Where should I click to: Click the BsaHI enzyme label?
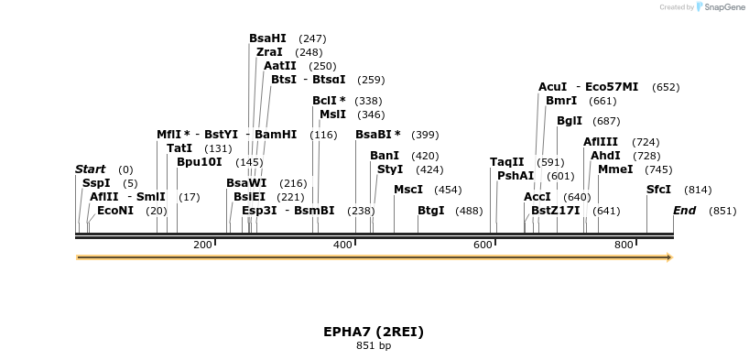click(x=267, y=38)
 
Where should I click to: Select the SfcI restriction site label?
click(x=658, y=190)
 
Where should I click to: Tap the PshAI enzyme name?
click(x=516, y=176)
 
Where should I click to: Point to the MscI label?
click(x=408, y=190)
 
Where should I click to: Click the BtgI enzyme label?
click(x=430, y=211)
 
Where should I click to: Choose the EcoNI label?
click(x=115, y=211)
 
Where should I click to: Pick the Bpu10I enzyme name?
click(x=200, y=162)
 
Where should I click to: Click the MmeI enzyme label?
click(x=615, y=169)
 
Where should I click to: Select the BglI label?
click(x=570, y=121)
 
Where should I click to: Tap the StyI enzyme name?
click(x=390, y=169)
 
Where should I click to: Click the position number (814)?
click(x=698, y=191)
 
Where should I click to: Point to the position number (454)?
click(x=448, y=191)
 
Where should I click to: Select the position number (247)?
click(x=312, y=39)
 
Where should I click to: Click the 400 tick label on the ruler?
click(x=342, y=245)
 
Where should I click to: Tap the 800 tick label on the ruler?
click(x=624, y=245)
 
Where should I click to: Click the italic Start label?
click(x=90, y=169)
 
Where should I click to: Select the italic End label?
click(x=684, y=211)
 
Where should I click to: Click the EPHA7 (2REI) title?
click(x=374, y=332)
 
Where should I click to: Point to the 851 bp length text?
click(x=374, y=346)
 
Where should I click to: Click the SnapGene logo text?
click(x=724, y=7)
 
